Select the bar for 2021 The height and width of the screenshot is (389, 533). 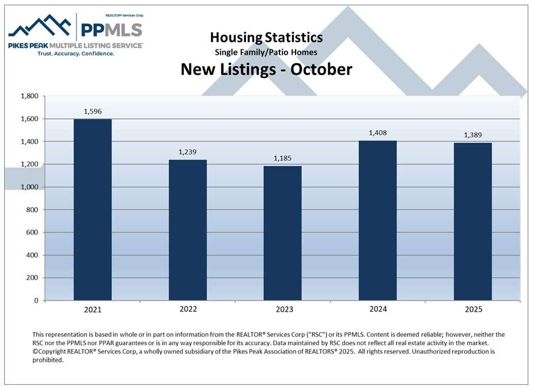[92, 210]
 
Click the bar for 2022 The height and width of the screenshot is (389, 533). [187, 230]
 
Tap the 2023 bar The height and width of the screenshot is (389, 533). [282, 233]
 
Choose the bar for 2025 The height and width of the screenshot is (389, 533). [472, 222]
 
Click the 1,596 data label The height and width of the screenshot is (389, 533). [92, 111]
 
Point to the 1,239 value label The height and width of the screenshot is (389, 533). [187, 152]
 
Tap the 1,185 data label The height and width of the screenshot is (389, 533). [282, 158]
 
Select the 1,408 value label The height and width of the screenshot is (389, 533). [377, 133]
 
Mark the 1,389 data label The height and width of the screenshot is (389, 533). [472, 135]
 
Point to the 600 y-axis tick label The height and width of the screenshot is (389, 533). [32, 233]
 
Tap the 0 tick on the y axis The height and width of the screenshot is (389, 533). [36, 301]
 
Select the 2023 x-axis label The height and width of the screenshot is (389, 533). [282, 309]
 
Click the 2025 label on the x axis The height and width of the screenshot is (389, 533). [472, 309]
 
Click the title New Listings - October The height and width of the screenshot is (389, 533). [266, 69]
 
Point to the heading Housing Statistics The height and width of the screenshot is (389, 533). [266, 37]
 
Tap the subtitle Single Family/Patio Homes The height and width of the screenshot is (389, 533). [266, 52]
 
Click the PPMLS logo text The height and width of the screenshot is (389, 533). [111, 29]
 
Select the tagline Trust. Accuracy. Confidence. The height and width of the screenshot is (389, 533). [75, 53]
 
